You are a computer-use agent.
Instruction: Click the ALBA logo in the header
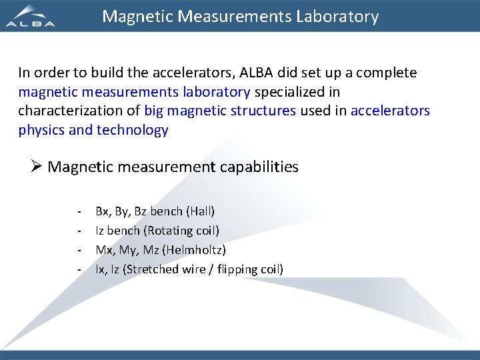(31, 17)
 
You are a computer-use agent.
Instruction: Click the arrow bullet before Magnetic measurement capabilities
(37, 167)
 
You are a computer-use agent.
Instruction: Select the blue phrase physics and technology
(93, 130)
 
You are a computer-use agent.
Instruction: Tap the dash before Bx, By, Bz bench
(79, 211)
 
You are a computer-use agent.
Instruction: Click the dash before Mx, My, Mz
(79, 250)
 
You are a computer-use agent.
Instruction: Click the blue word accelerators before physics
(390, 111)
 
